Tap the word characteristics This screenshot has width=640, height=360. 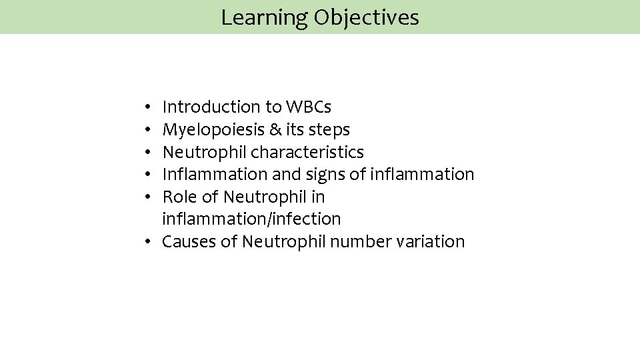(307, 152)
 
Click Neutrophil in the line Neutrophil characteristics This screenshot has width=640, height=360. (205, 152)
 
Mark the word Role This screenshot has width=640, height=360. (179, 197)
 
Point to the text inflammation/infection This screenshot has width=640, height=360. (251, 219)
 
